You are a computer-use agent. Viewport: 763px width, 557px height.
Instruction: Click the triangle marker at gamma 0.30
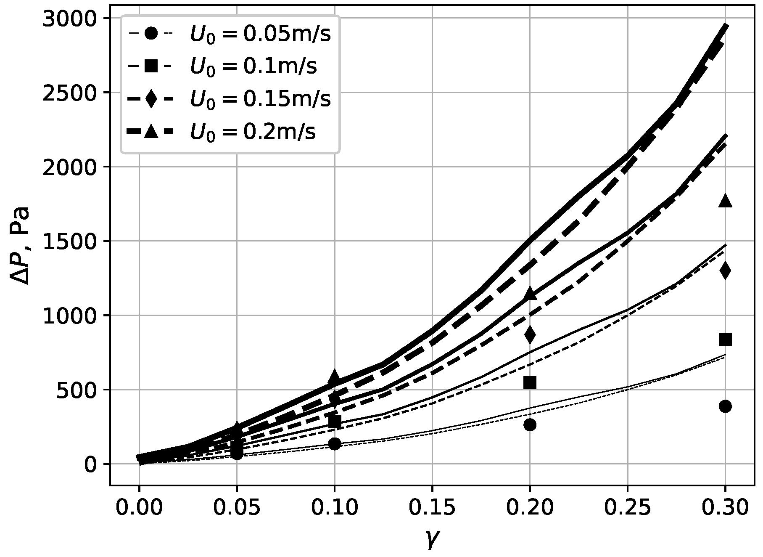(x=725, y=202)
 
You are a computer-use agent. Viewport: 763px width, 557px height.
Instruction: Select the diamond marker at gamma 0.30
(x=725, y=270)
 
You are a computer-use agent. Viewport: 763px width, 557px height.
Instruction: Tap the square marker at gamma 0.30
(x=725, y=339)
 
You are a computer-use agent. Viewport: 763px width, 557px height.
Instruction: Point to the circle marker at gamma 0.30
(x=725, y=406)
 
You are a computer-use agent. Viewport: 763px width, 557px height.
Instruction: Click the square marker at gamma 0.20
(x=530, y=382)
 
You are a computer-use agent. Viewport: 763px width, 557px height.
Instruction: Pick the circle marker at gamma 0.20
(x=530, y=425)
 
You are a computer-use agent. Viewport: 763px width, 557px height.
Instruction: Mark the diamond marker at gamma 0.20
(x=530, y=334)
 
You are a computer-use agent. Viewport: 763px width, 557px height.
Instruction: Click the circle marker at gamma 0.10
(x=334, y=443)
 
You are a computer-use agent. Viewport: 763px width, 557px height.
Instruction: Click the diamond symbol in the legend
(x=151, y=99)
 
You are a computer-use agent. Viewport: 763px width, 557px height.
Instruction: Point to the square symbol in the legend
(x=151, y=66)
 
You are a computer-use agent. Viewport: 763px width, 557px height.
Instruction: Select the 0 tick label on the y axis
(x=90, y=464)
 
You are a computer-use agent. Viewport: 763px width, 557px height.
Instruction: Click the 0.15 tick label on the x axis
(x=432, y=508)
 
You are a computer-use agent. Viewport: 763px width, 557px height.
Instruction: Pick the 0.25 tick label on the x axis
(x=627, y=508)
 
